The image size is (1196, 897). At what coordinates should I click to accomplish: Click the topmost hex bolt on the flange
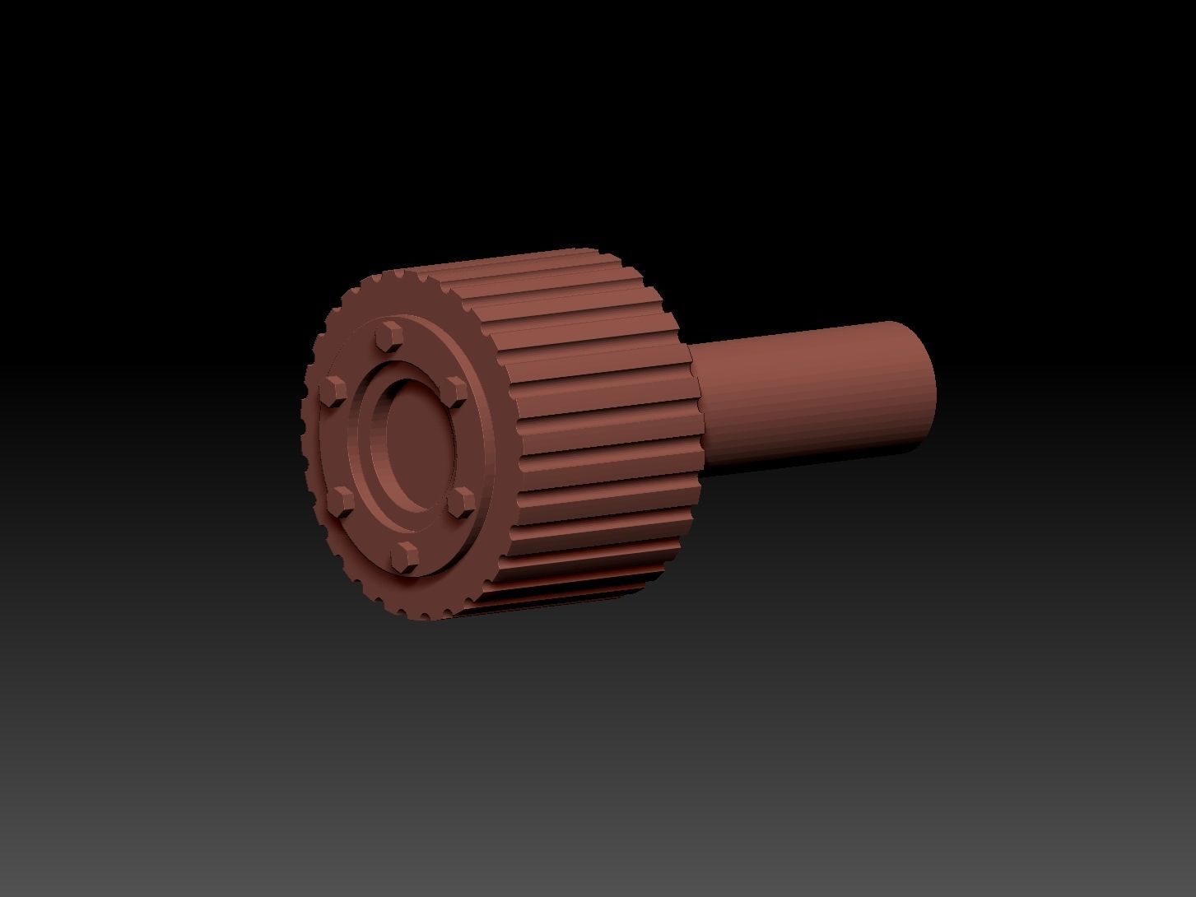pyautogui.click(x=389, y=337)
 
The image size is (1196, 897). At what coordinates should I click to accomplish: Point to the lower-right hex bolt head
pyautogui.click(x=463, y=502)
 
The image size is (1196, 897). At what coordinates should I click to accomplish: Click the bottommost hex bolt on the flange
pyautogui.click(x=403, y=556)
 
